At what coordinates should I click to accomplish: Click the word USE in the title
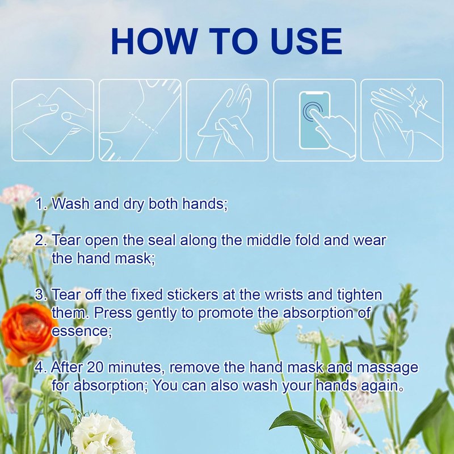(x=306, y=41)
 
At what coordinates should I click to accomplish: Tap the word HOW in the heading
(x=153, y=41)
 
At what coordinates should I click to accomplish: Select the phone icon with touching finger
(x=315, y=120)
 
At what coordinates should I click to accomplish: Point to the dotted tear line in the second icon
(x=144, y=123)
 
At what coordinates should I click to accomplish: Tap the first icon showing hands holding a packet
(x=53, y=120)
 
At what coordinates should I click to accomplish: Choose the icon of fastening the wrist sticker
(x=228, y=120)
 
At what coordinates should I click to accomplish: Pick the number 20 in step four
(x=95, y=367)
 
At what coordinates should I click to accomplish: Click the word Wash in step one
(x=70, y=204)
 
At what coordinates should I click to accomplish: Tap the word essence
(x=82, y=331)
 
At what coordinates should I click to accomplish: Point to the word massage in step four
(x=388, y=368)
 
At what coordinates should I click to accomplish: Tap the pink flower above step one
(x=18, y=195)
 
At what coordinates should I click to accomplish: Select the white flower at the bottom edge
(x=103, y=434)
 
